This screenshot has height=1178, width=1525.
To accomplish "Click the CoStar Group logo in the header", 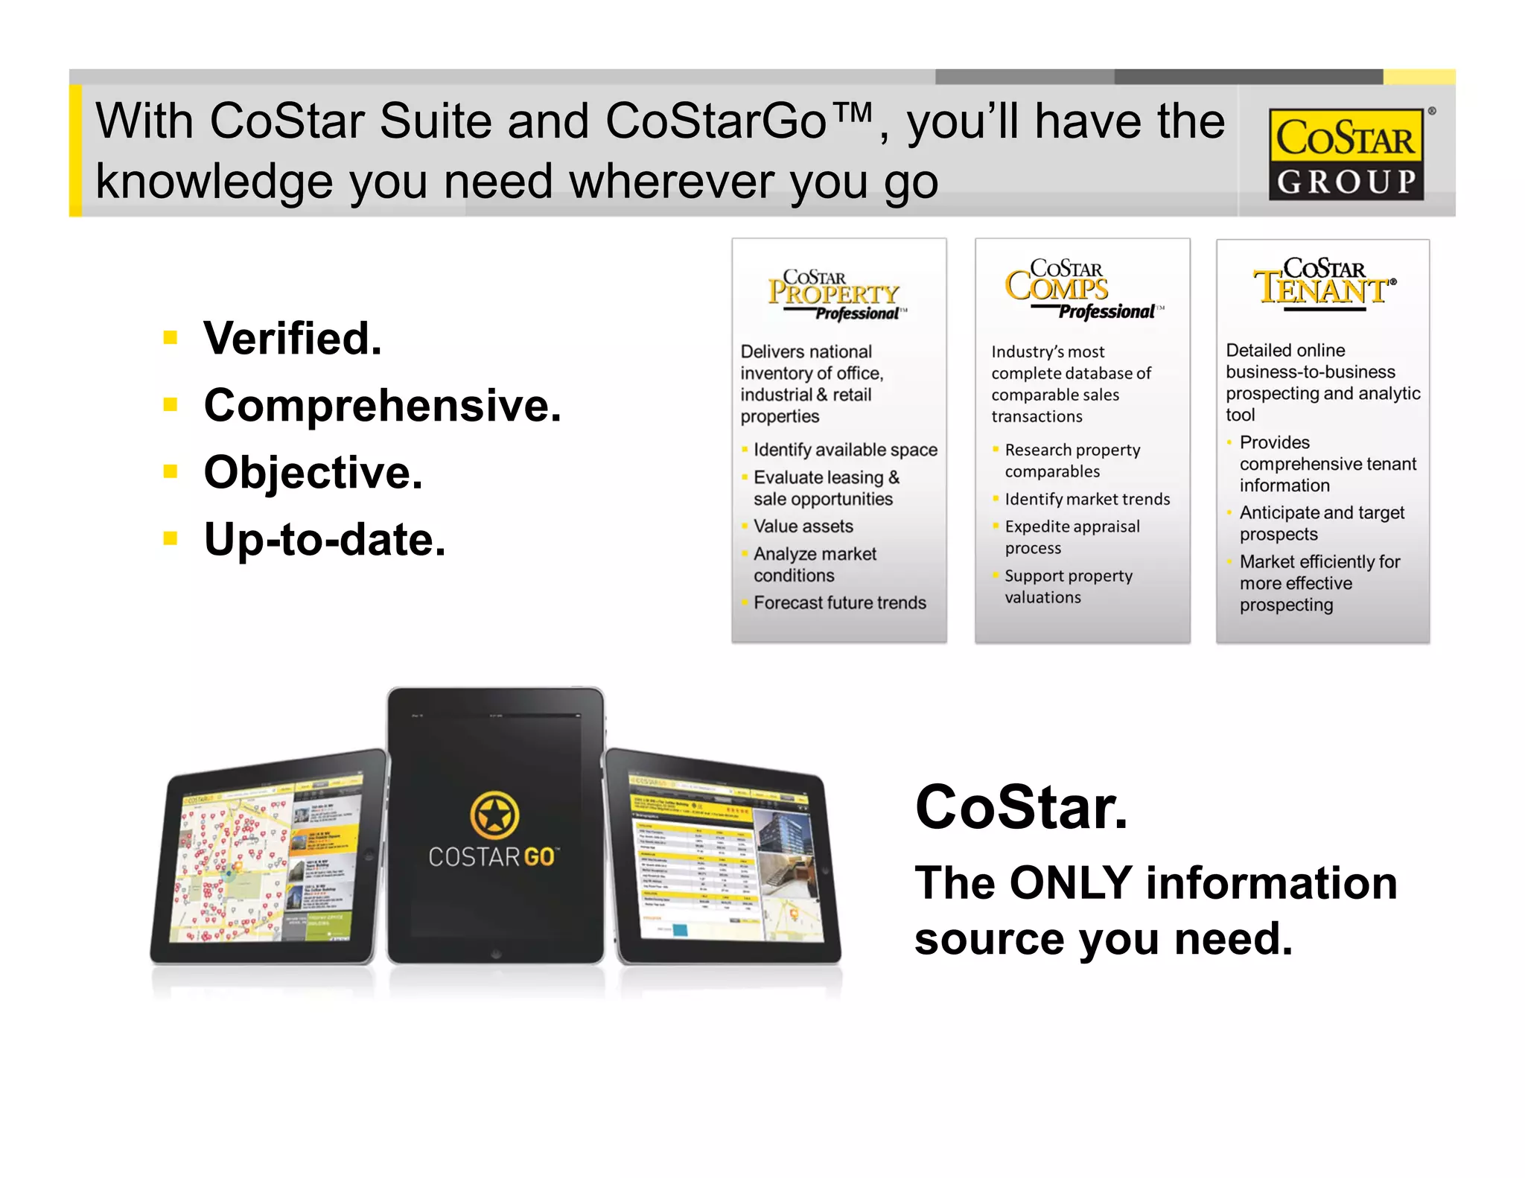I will (x=1346, y=155).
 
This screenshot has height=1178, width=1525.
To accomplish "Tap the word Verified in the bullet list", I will (x=292, y=339).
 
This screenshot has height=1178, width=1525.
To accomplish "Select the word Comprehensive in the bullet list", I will (x=382, y=406).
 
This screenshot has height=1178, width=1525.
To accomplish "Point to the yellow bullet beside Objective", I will (x=171, y=471).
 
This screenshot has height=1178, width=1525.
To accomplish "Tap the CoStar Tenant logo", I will (x=1323, y=283).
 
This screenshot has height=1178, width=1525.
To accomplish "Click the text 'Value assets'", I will (x=803, y=526).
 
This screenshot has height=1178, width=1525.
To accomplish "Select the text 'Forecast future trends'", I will (x=839, y=602).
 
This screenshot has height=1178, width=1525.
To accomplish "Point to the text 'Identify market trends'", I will (x=1086, y=499).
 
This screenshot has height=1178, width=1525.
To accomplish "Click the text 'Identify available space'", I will (x=844, y=450).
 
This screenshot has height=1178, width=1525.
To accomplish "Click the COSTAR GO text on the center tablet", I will (x=492, y=857).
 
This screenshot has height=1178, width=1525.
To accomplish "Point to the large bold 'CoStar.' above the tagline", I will (x=1021, y=807).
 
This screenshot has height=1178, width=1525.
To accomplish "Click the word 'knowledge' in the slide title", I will (x=214, y=182).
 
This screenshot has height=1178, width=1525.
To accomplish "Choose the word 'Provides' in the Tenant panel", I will (x=1274, y=442).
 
